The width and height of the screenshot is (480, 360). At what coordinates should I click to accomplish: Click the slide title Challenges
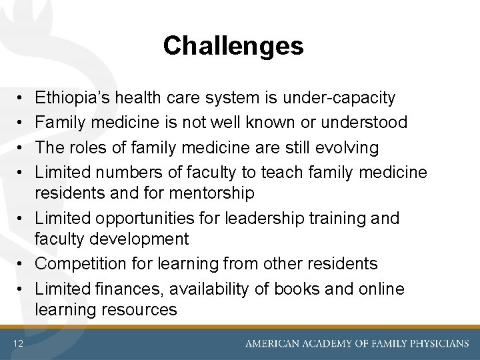coord(233,46)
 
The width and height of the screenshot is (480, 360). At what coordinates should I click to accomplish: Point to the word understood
coord(373,123)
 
